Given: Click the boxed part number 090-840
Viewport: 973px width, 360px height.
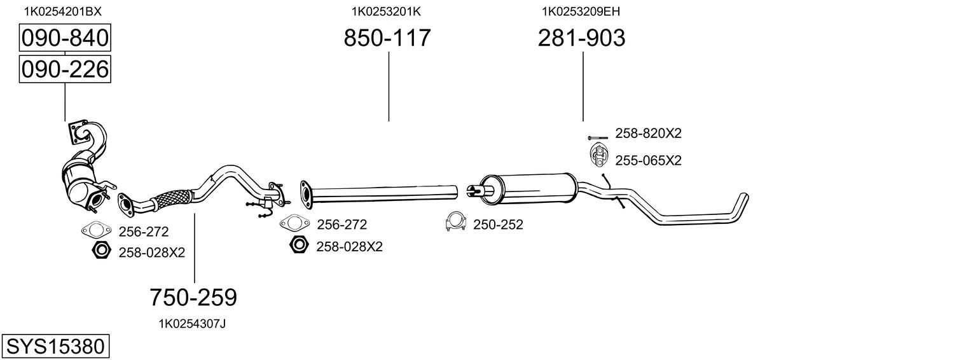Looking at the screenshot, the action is [x=65, y=39].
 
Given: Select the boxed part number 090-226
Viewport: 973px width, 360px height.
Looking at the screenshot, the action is [x=65, y=69].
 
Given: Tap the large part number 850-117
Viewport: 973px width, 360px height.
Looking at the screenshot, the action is [x=387, y=38].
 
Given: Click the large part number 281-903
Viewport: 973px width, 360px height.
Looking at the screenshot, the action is [x=581, y=38].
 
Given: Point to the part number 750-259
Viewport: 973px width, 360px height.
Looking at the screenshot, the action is [x=193, y=296].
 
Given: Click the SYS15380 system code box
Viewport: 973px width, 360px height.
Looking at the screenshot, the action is [x=55, y=347].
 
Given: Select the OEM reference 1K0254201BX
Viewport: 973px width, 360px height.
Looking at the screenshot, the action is [x=62, y=11].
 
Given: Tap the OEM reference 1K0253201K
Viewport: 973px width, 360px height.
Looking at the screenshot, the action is [x=386, y=11].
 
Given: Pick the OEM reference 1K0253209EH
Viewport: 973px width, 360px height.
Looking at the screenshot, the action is [x=581, y=11].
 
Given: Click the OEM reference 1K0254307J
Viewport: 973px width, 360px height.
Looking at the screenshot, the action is [x=192, y=324].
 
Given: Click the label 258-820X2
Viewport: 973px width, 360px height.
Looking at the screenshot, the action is [x=648, y=134].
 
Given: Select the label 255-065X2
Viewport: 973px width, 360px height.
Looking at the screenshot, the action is [x=648, y=160].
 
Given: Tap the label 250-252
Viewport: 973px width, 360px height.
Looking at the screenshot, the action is [x=498, y=225].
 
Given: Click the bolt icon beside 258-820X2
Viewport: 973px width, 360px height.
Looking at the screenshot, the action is [x=598, y=137].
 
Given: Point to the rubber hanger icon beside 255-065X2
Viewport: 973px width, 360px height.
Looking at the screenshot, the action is [x=598, y=155].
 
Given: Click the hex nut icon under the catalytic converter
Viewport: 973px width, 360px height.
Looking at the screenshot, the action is [x=100, y=251].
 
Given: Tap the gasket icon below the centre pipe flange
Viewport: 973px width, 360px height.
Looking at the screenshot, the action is [x=292, y=223].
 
